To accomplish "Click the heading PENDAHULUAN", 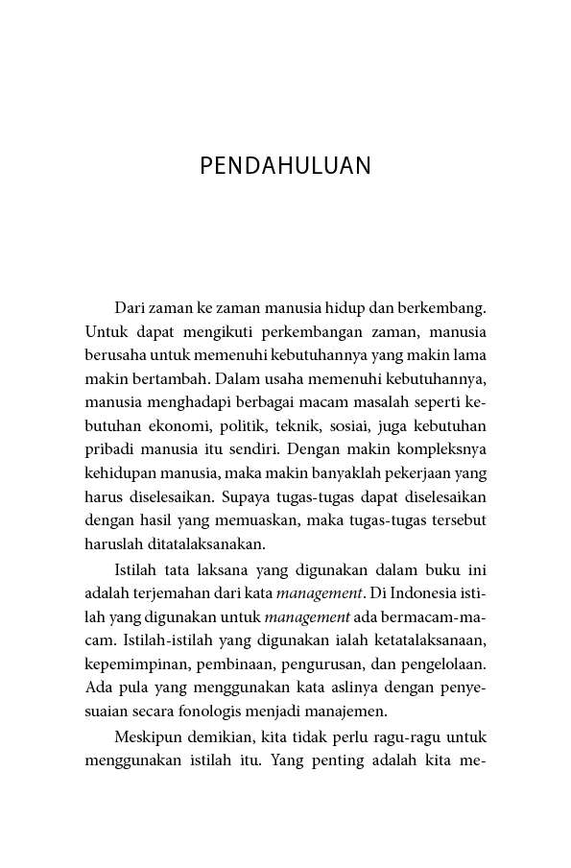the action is (285, 166).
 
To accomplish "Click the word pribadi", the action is (109, 448).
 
